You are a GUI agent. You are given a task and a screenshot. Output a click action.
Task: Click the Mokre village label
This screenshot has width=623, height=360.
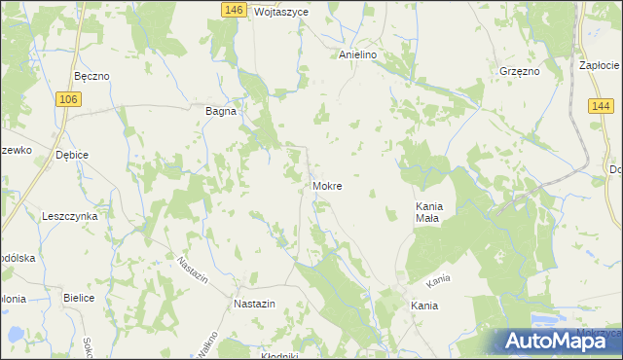coord(327,185)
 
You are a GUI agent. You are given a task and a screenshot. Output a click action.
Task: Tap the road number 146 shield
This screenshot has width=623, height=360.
coord(233,10)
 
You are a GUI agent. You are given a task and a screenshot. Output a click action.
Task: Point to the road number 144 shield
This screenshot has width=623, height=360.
coord(599,106)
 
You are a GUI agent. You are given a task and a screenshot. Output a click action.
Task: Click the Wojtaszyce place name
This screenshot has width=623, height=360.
coord(280,12)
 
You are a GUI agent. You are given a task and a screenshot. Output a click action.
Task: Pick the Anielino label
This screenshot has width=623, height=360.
coord(357,55)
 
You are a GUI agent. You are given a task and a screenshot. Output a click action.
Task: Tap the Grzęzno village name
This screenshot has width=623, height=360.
coord(518,71)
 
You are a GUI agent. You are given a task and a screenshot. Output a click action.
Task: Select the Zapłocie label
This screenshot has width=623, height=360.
coord(600,65)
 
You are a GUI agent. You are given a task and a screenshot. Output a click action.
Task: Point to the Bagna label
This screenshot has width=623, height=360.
coord(221,111)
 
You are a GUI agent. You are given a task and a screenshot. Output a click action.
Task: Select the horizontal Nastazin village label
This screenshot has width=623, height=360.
coord(255,304)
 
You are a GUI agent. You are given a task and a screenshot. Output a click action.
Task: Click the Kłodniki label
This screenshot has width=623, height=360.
coord(279,355)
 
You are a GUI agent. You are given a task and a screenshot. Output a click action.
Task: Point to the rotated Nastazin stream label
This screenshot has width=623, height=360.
coord(193,273)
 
